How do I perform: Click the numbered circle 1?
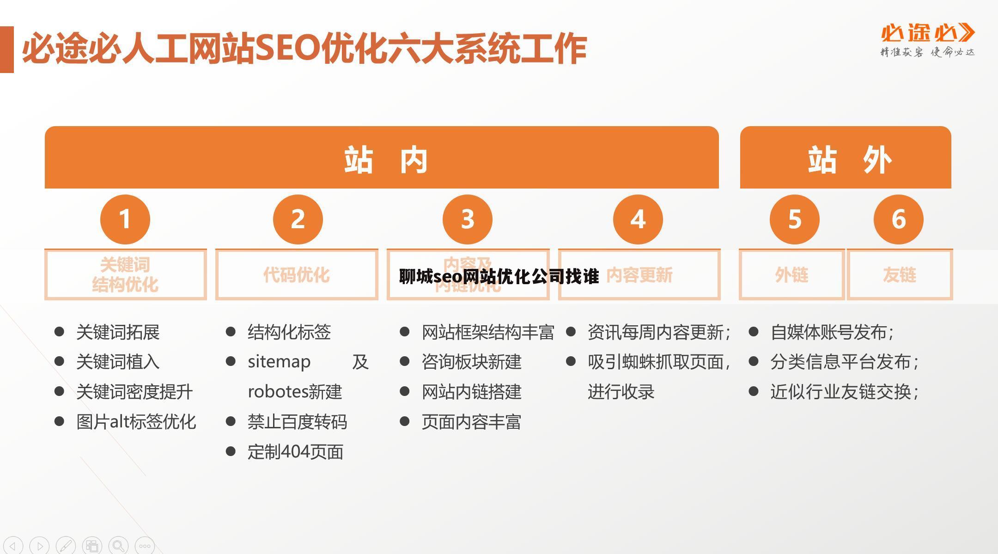[x=125, y=219]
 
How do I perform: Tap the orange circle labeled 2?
[x=298, y=219]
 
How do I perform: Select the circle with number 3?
[x=467, y=219]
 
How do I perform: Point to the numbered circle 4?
[x=638, y=219]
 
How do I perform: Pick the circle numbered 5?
[x=794, y=219]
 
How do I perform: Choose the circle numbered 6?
[x=898, y=219]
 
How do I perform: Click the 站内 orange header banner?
[x=382, y=158]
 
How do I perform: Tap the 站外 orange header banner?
[x=845, y=158]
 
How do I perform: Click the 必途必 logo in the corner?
[x=927, y=40]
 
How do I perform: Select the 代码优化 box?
[x=297, y=275]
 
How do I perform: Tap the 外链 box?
[x=791, y=275]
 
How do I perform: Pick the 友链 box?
[x=899, y=275]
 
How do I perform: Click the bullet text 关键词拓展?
[x=118, y=332]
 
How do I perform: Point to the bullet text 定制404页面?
[x=295, y=452]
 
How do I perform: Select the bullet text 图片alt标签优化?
[x=136, y=422]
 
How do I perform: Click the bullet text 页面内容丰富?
[x=471, y=422]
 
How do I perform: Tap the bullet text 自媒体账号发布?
[x=832, y=332]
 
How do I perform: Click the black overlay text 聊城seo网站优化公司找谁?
[x=499, y=276]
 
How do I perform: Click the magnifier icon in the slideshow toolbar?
[x=118, y=546]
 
